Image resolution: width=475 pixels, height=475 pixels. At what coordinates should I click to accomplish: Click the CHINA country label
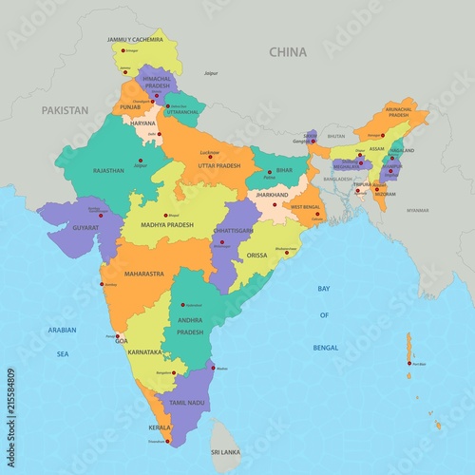(288, 51)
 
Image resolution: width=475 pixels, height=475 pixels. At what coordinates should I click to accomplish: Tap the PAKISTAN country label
(65, 110)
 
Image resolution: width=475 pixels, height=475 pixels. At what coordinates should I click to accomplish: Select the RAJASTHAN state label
(109, 171)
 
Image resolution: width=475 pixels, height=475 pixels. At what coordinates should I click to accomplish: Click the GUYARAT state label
(84, 228)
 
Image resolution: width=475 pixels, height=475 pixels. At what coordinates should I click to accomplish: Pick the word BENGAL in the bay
(324, 348)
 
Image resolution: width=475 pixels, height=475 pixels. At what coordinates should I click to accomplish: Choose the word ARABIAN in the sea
(63, 330)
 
